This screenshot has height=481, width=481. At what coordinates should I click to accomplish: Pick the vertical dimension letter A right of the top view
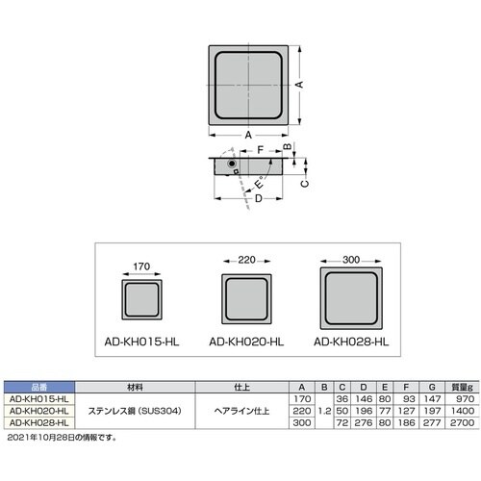click(x=298, y=86)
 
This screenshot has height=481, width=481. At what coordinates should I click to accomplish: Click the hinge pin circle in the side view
click(x=231, y=165)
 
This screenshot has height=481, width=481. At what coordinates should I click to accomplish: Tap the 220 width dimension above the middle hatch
click(x=246, y=260)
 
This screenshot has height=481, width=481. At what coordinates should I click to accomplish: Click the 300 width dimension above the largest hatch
click(x=351, y=259)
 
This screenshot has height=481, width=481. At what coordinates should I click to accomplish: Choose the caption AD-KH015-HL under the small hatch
click(x=143, y=341)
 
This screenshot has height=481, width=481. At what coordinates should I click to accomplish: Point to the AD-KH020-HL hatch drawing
click(x=246, y=298)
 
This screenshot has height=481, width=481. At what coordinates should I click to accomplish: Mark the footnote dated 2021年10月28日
click(x=62, y=437)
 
